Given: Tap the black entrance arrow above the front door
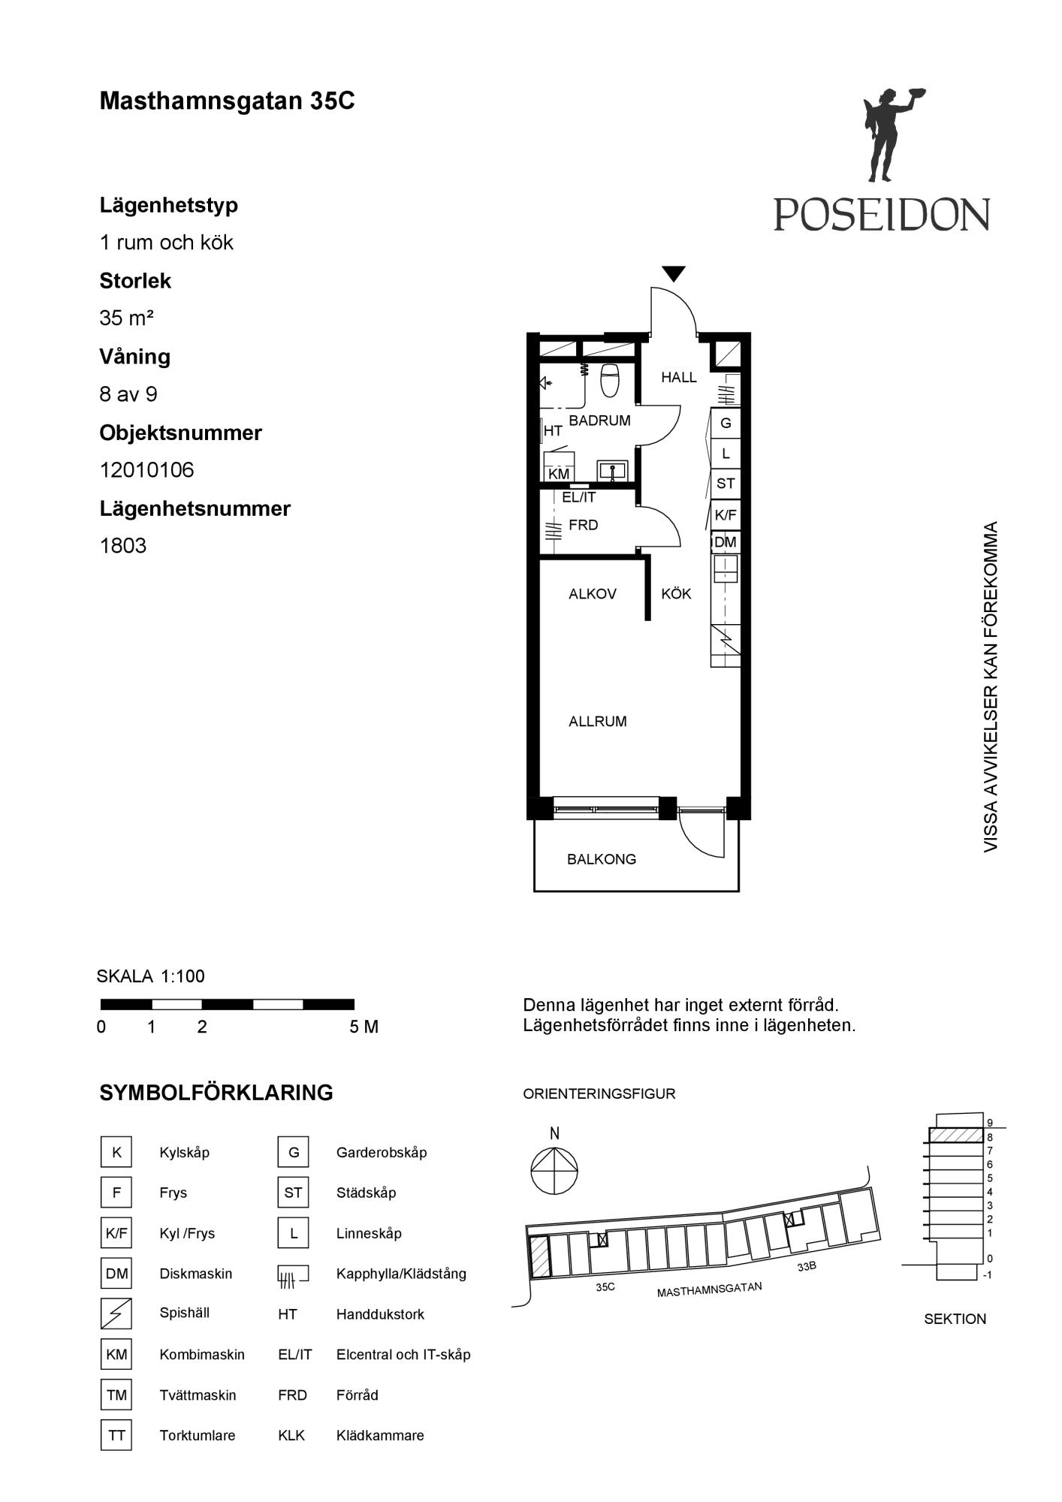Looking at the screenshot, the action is pos(674,274).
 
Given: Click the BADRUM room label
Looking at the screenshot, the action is pos(599,421).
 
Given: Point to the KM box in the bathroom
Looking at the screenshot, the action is pos(559,475).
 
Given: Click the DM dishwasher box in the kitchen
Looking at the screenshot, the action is pos(726,542).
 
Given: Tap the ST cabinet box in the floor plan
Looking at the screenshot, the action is pos(726,484).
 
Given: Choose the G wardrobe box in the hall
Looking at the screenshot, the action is pos(726,423).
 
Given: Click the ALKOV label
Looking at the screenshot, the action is pos(593,594).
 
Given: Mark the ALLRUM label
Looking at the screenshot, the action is pos(598,722).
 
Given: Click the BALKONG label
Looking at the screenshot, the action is pos(602,859).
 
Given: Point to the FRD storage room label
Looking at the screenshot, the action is pos(584,525).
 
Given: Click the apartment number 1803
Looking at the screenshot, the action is pos(123,546).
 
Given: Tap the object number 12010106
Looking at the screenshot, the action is pos(147,470).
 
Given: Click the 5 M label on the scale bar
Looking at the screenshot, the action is pos(364,1027).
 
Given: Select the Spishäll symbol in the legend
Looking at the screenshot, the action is pos(116,1313).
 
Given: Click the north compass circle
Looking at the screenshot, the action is pos(554,1171).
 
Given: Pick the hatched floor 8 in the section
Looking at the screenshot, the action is pos(956,1136).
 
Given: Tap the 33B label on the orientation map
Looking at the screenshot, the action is pos(807,1266).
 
